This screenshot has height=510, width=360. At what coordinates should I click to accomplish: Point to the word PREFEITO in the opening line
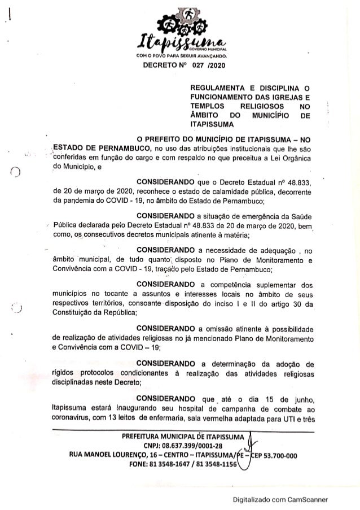coord(164,138)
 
